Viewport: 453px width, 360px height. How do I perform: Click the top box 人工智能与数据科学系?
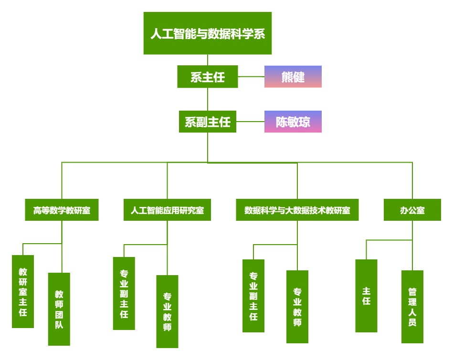click(x=208, y=33)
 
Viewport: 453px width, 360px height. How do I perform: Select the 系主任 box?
click(x=208, y=77)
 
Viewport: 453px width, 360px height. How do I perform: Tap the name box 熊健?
click(x=293, y=77)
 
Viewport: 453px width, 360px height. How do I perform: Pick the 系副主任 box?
click(x=208, y=122)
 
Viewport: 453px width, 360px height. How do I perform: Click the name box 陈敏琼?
click(x=293, y=122)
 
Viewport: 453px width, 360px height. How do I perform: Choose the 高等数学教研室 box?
click(x=62, y=210)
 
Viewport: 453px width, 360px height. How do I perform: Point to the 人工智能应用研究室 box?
click(x=167, y=210)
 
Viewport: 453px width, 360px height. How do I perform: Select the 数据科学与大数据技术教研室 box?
click(x=297, y=210)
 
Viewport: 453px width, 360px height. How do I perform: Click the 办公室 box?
click(x=412, y=210)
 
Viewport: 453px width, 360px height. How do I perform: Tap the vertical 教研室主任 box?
click(x=23, y=291)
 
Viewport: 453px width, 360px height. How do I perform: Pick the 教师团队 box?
click(x=59, y=309)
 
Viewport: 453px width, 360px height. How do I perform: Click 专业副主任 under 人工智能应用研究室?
click(x=124, y=293)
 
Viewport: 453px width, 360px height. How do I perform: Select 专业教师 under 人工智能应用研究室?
click(x=167, y=311)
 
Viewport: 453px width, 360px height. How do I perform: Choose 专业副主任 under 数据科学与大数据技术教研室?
click(x=253, y=296)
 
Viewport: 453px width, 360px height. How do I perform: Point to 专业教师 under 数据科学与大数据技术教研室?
click(x=297, y=307)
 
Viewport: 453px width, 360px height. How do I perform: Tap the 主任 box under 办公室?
click(x=366, y=296)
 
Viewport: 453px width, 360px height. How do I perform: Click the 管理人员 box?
click(x=412, y=307)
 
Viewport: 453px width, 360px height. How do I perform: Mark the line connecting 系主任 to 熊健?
click(x=251, y=76)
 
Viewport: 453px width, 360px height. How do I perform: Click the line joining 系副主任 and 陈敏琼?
click(x=250, y=122)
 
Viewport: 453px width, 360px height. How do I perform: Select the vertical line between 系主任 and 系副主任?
click(x=208, y=99)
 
